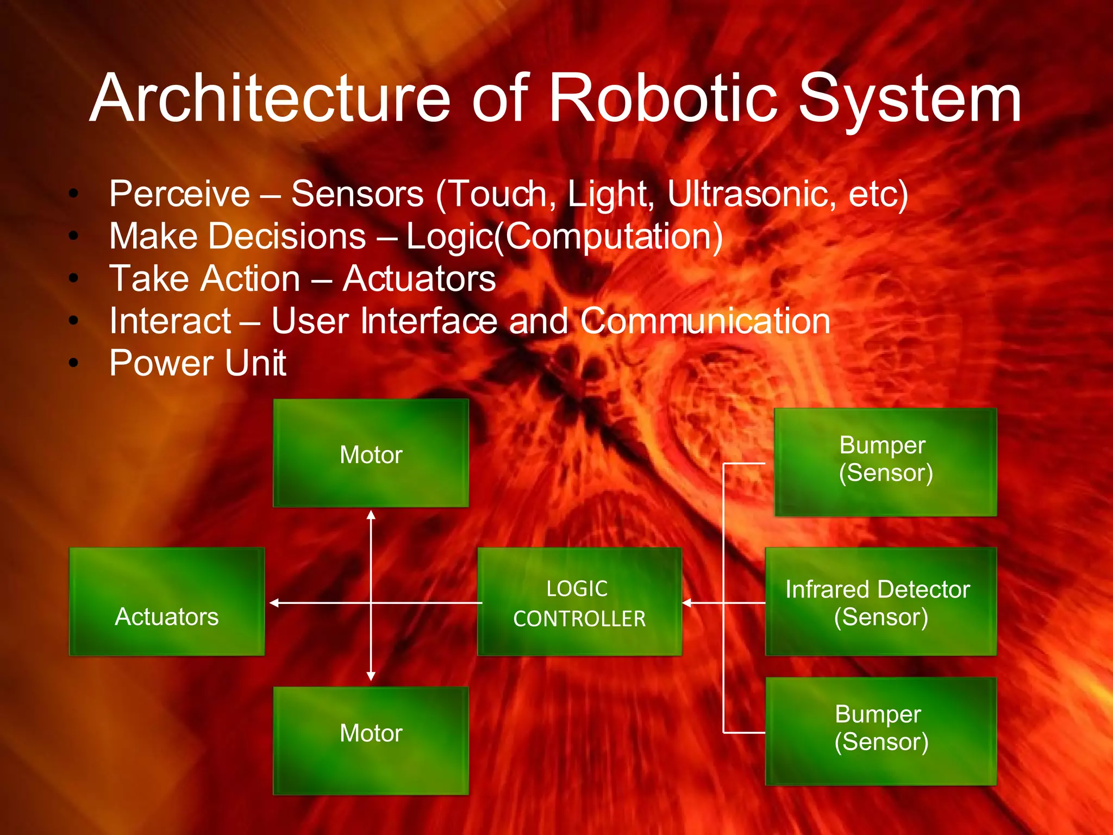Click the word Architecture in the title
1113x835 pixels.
click(x=270, y=99)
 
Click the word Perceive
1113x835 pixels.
click(x=179, y=194)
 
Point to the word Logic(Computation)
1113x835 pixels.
click(x=564, y=237)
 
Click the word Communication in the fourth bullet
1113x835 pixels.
click(x=705, y=321)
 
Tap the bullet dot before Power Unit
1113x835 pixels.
click(x=74, y=363)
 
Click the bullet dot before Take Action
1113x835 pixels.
click(x=74, y=278)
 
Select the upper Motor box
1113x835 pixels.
click(x=371, y=453)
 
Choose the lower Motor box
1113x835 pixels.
click(x=371, y=740)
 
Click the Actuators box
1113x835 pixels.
click(x=167, y=601)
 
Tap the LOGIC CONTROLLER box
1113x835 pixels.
click(x=579, y=601)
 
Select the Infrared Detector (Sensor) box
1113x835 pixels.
click(x=880, y=601)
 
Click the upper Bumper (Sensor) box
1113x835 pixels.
click(x=885, y=462)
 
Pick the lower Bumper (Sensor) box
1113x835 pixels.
click(x=880, y=731)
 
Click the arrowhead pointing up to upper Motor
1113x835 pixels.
click(x=371, y=515)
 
